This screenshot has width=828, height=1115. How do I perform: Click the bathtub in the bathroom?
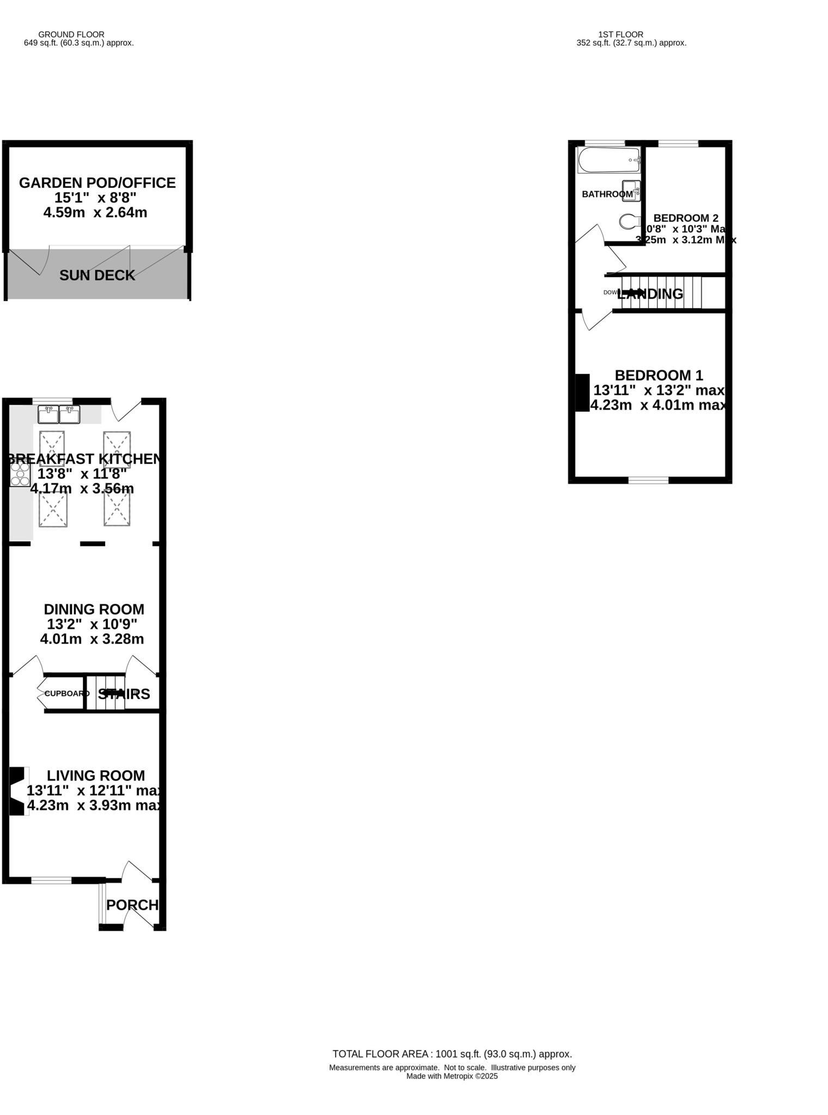tap(608, 160)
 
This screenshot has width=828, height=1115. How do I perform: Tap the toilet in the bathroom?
tap(629, 221)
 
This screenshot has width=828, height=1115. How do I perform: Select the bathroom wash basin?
tap(631, 191)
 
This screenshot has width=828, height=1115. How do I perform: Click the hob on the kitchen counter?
tap(20, 474)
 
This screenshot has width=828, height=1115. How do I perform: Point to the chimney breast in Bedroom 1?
tap(582, 392)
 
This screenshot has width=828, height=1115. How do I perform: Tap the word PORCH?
tap(132, 905)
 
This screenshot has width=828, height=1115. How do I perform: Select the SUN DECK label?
tap(97, 275)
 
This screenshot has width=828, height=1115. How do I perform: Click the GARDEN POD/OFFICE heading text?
tap(97, 183)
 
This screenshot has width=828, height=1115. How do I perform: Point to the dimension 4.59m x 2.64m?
tap(95, 212)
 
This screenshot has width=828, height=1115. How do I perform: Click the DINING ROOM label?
tap(94, 609)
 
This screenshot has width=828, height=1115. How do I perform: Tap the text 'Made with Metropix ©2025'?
tap(452, 1076)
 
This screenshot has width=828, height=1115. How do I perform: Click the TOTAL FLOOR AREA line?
tap(452, 1053)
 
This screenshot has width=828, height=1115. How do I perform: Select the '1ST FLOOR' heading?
tap(620, 34)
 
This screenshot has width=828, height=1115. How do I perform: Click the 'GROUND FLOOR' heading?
tap(71, 34)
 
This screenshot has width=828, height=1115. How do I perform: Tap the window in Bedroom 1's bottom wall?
tap(648, 480)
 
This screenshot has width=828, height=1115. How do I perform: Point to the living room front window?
tap(51, 880)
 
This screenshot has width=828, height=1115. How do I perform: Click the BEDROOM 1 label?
tap(658, 375)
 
